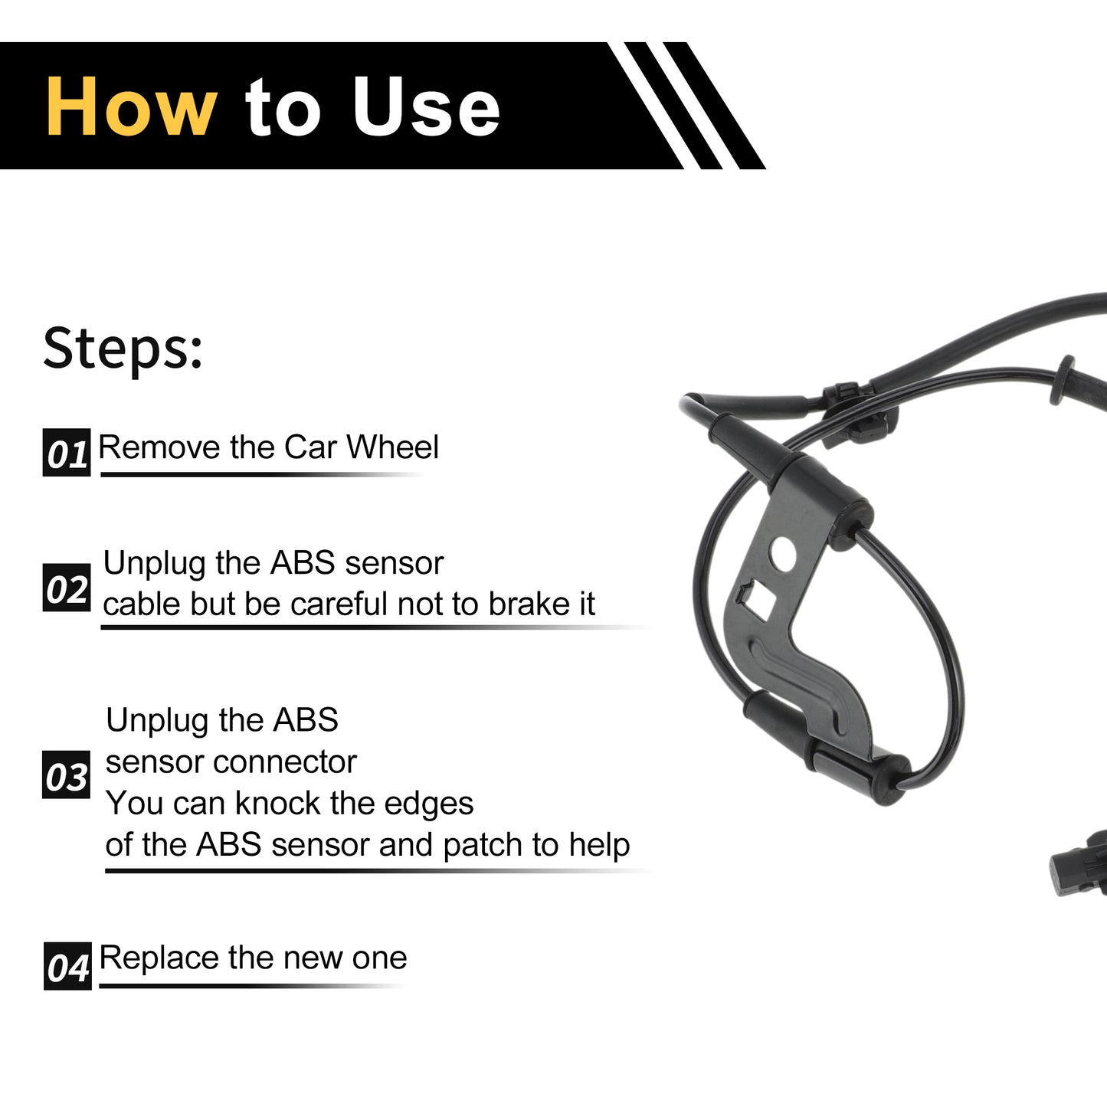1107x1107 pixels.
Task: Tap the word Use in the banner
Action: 426,106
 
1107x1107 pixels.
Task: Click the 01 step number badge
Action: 67,452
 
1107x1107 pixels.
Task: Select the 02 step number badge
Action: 67,587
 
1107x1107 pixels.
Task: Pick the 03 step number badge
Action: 66,775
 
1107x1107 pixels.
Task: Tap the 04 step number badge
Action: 67,966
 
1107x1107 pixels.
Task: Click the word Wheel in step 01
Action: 393,447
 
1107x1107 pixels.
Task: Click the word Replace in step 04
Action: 159,958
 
